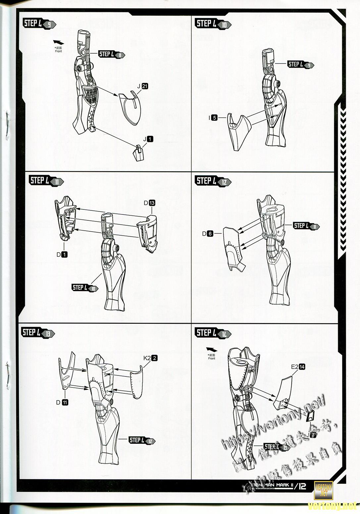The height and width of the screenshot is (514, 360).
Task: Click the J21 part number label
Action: [143, 86]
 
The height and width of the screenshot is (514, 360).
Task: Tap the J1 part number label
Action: [148, 139]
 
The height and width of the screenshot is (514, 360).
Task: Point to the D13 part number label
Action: [149, 203]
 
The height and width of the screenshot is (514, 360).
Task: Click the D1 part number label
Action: [62, 255]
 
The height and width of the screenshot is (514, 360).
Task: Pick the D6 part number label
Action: [208, 234]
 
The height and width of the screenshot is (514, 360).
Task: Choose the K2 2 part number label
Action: [151, 358]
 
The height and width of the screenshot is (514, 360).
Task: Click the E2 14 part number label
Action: [298, 367]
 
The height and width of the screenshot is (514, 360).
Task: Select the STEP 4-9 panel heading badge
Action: [39, 24]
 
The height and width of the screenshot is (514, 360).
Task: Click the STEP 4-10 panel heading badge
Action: [213, 24]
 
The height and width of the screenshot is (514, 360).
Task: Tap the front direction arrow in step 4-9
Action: [59, 42]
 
